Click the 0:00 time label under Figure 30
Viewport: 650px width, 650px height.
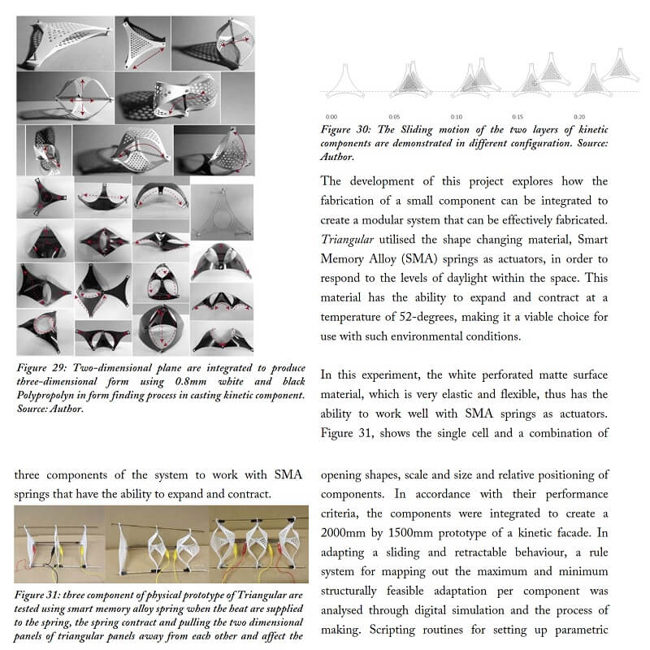pos(331,118)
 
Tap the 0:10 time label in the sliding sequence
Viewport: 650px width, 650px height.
pos(457,118)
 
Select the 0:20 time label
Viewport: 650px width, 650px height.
pos(579,118)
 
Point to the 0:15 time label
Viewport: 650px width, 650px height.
pos(518,118)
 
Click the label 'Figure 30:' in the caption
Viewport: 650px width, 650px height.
pos(346,130)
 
